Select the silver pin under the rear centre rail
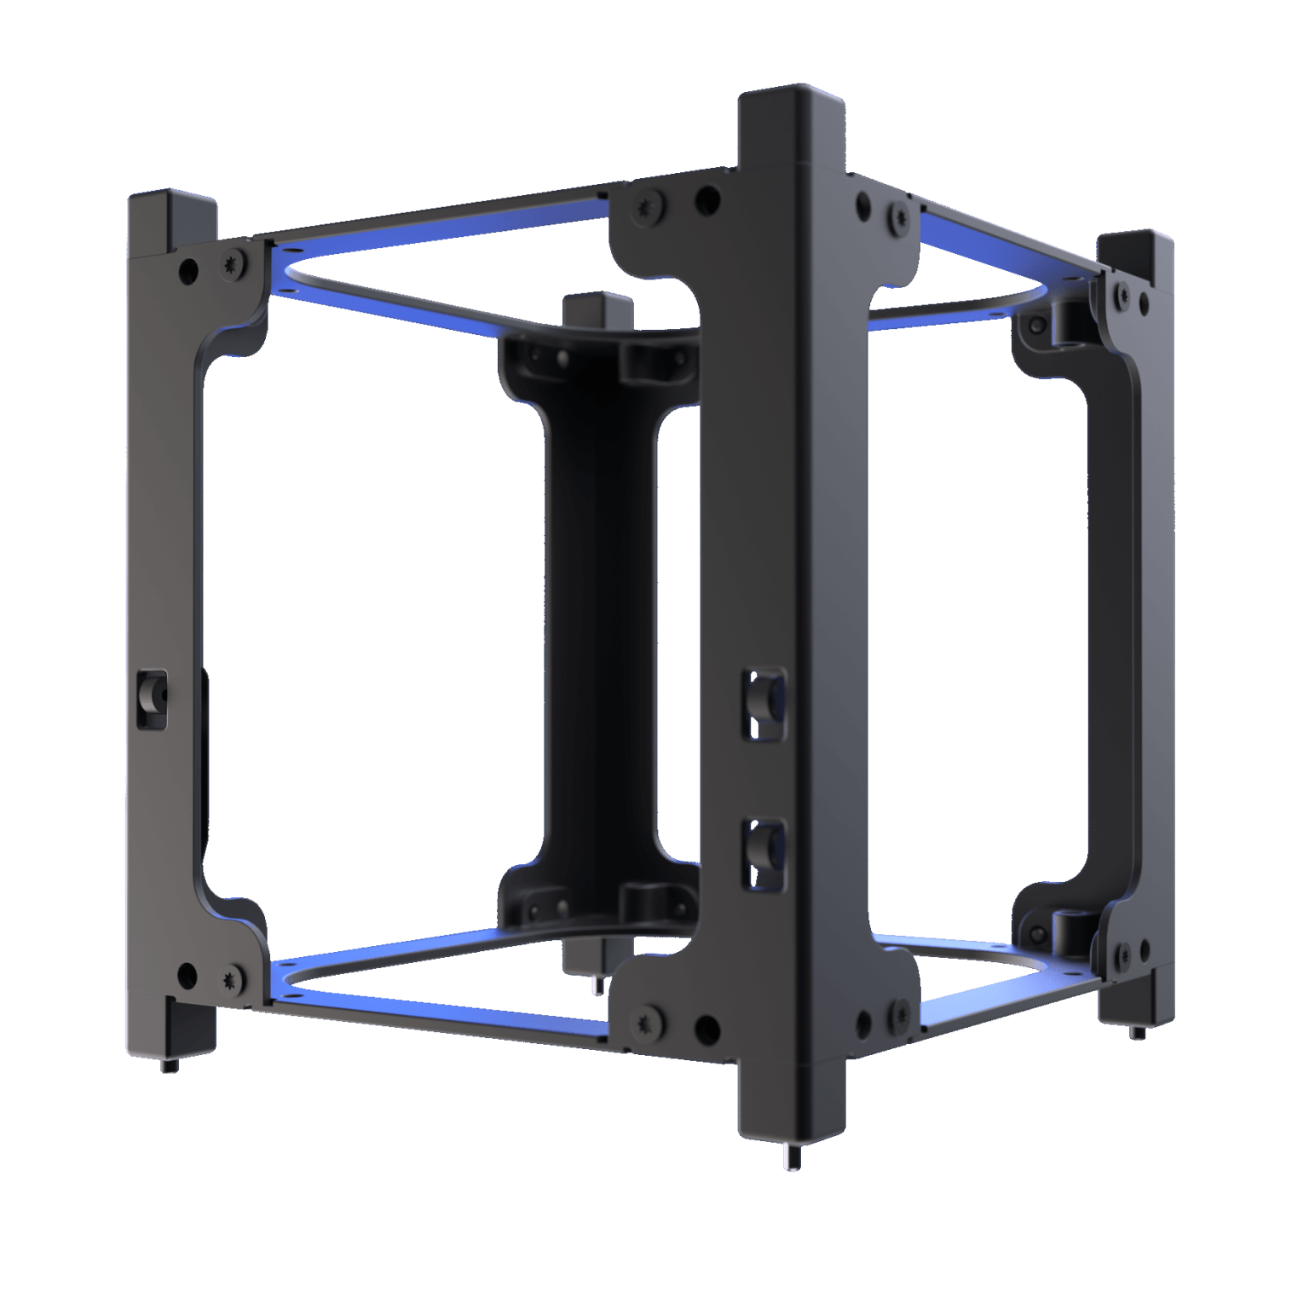tap(597, 985)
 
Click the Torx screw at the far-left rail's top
tap(233, 266)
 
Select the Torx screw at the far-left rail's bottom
tap(231, 979)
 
